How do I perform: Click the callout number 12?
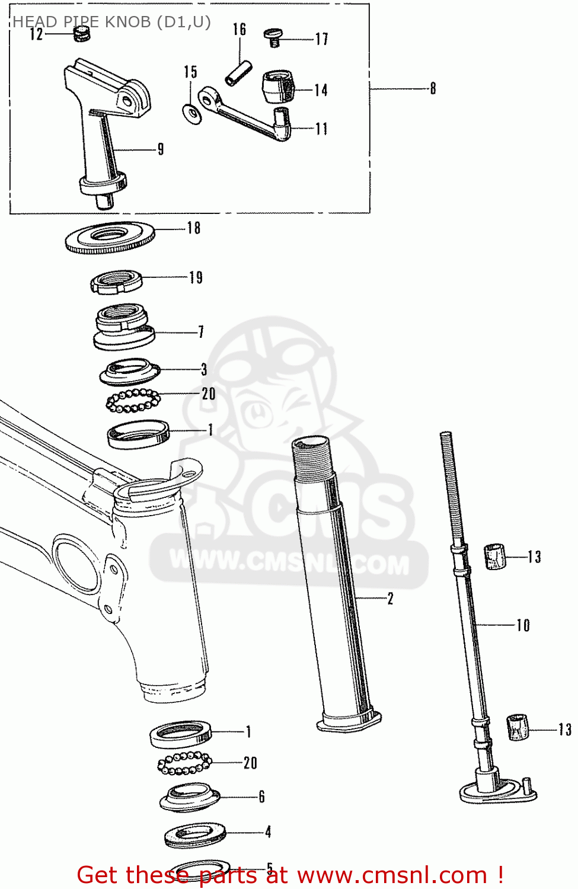[37, 34]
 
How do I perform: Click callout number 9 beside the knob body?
[160, 149]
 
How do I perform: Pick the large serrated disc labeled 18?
[110, 237]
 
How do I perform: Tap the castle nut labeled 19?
[116, 282]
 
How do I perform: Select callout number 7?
[201, 332]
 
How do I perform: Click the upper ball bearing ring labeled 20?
[133, 401]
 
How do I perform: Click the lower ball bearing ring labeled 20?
[184, 763]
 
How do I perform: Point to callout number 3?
[204, 370]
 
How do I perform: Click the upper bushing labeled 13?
[495, 556]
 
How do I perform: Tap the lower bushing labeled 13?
[518, 727]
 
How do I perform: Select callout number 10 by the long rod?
[523, 625]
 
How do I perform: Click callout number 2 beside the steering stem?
[390, 599]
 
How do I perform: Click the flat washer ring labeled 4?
[195, 834]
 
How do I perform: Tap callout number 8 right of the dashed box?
[433, 89]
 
